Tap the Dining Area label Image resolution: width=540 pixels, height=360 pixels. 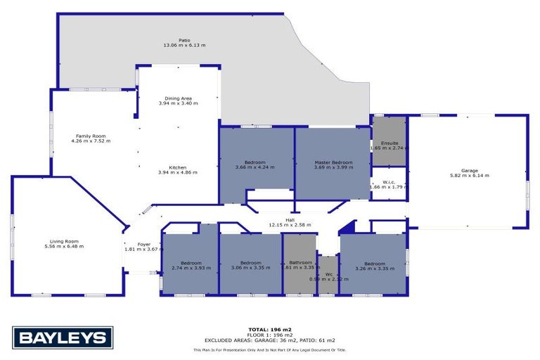coord(178,98)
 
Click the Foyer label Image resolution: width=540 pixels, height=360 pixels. coord(143,244)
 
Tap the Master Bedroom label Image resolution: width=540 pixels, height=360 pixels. coord(333,162)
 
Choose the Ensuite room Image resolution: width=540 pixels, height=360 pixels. coord(388,143)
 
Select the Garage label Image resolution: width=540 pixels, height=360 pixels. coord(469,170)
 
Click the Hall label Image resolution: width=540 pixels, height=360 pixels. coord(289,220)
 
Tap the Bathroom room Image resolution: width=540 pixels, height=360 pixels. coord(300,262)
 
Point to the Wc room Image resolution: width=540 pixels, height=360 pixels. coord(328,274)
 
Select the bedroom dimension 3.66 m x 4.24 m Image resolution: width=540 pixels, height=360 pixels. coord(255,167)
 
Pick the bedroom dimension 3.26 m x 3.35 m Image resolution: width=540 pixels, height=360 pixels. coord(373,268)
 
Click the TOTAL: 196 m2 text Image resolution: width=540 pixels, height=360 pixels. coord(270,329)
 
